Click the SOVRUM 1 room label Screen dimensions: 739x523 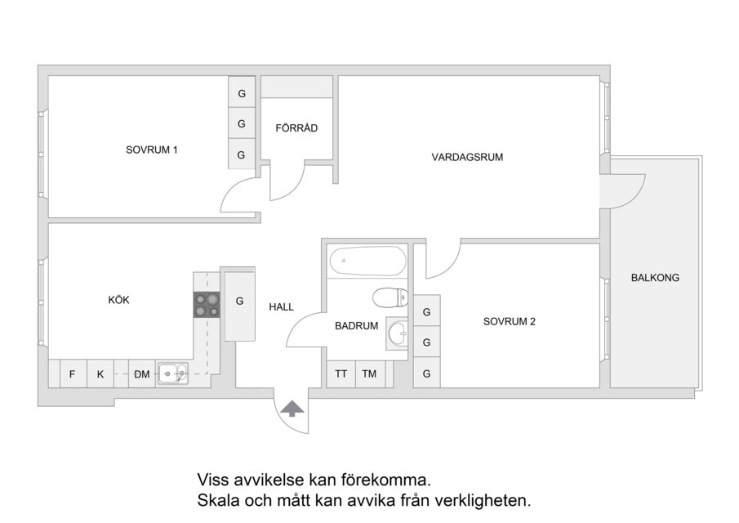coord(151,150)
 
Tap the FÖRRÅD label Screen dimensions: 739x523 coord(296,127)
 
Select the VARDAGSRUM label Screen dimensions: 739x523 coord(467,157)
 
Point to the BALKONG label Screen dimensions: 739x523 coord(655,278)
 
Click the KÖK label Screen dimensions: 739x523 coord(118,300)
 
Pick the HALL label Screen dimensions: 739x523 coord(282,307)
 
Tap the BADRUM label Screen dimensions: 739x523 coord(356,326)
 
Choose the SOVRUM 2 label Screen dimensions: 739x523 coord(510,322)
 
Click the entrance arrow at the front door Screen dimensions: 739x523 coord(292,409)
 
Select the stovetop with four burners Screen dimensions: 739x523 coord(207,305)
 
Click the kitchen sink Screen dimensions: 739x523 coord(172,374)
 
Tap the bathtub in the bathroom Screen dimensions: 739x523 coord(367,261)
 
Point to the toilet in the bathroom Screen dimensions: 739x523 coord(390,297)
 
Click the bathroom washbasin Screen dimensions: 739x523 coord(398,333)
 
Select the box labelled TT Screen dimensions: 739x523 coord(341,374)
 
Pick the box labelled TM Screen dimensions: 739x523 coord(370,374)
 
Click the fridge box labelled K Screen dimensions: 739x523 coord(100,374)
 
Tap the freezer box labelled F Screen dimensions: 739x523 coord(73,374)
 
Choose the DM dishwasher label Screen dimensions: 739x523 coord(142,374)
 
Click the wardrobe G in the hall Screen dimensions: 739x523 coord(240,304)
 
